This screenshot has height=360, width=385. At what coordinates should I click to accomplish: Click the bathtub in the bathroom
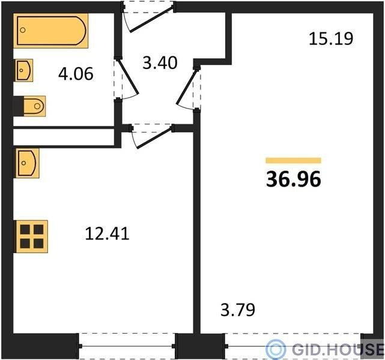tap(51, 31)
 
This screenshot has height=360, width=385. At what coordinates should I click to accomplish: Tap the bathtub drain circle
tap(23, 30)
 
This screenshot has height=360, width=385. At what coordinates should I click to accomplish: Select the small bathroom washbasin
tap(24, 70)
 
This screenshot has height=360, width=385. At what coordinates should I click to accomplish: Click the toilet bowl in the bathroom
tap(34, 106)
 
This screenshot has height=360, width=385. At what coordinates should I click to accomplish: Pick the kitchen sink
tap(27, 163)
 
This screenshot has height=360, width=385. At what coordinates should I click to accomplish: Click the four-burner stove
tap(32, 236)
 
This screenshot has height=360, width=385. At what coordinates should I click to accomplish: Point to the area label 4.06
tap(76, 74)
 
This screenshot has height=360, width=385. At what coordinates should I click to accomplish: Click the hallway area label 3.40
tap(160, 63)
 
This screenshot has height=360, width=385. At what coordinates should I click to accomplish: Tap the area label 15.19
tap(331, 39)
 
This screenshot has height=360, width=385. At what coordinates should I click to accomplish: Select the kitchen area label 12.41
tap(108, 233)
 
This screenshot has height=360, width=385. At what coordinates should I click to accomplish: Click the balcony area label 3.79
tap(238, 310)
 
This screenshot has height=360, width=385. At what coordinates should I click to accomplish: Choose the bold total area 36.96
tap(294, 179)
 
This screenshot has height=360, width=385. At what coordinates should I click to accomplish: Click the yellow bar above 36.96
tap(294, 160)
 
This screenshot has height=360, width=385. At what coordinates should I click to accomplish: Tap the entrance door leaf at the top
tap(151, 19)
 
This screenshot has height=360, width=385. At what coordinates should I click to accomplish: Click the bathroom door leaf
tap(129, 77)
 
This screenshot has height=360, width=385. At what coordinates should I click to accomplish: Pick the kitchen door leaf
tap(154, 137)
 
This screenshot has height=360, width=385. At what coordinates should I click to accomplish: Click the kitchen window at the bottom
tap(127, 346)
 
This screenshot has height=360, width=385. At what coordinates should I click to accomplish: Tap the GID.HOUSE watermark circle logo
tap(276, 349)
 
